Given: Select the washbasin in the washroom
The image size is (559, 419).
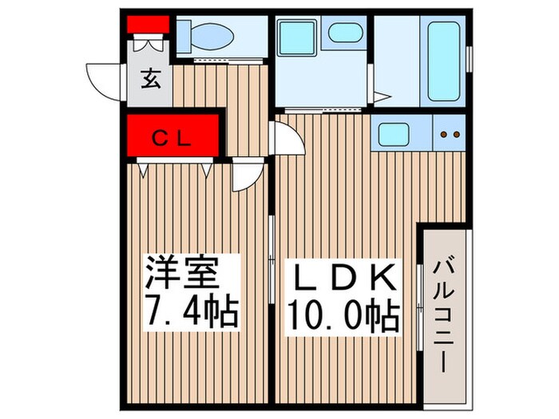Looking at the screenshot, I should (x=343, y=34).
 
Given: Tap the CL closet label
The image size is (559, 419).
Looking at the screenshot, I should (x=172, y=139).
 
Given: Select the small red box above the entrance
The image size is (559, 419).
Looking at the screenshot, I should (x=149, y=23).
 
